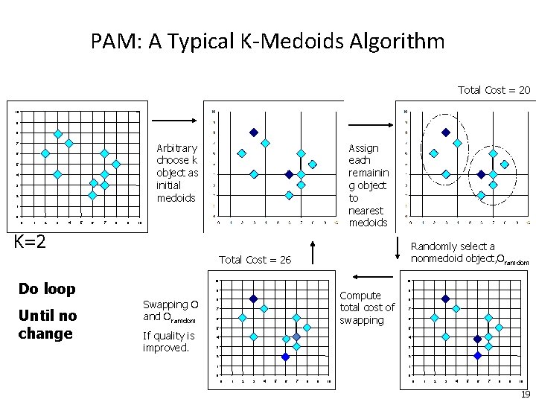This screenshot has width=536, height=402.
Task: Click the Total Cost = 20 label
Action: tap(494, 89)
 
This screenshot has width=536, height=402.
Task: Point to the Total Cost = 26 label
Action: tap(255, 259)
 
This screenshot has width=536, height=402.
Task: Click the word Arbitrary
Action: tap(177, 148)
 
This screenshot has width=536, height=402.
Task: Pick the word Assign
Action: tap(364, 148)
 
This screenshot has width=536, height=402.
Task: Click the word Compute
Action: tap(360, 296)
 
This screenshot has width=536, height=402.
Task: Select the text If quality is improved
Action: tap(169, 341)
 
